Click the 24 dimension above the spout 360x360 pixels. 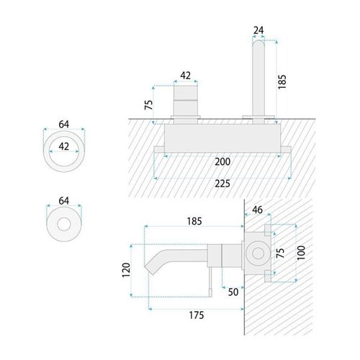point(258,30)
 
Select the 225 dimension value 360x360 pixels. point(222,184)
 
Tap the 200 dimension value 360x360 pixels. point(222,162)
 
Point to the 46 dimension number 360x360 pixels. point(257,210)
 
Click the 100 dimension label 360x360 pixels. point(301,253)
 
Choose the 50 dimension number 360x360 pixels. point(233,292)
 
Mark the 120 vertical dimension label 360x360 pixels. point(126,270)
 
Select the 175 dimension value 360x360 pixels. point(197,315)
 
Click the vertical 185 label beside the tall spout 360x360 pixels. point(282,82)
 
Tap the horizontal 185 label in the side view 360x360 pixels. point(194,221)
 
